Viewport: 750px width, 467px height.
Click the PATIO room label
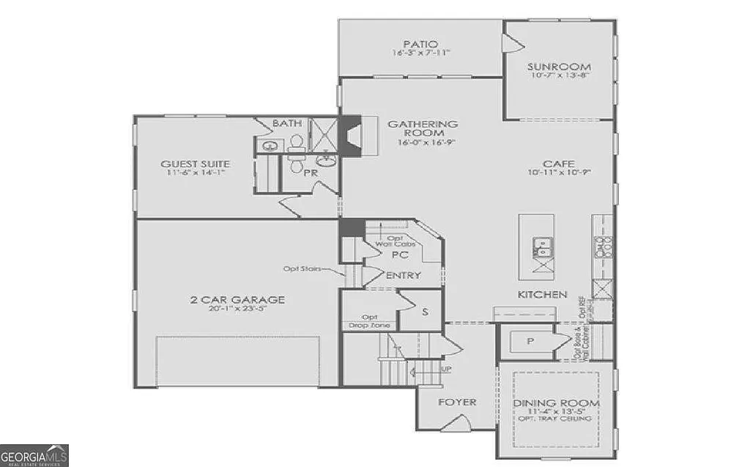tap(420, 43)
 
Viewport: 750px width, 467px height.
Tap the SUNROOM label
tap(559, 67)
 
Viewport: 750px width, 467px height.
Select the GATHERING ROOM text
tap(433, 128)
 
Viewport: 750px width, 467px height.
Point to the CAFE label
tap(558, 163)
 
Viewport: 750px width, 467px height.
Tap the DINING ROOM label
tap(556, 404)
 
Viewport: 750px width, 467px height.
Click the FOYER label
tap(457, 402)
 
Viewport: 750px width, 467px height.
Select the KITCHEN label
tap(543, 294)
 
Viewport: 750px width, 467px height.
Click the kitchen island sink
tap(543, 247)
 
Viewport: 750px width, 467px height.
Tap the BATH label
tap(287, 123)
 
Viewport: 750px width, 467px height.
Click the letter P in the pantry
tap(530, 342)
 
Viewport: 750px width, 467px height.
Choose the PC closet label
tap(399, 255)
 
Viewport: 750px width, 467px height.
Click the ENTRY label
tap(403, 276)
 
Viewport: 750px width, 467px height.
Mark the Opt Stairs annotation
tap(304, 269)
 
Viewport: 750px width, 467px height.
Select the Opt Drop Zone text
tap(369, 321)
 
